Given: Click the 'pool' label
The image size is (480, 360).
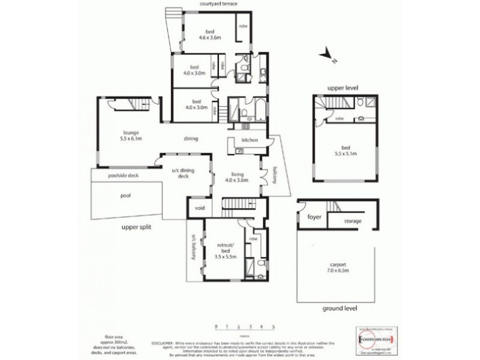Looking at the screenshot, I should (x=126, y=195).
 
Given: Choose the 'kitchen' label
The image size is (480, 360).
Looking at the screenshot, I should (x=249, y=140).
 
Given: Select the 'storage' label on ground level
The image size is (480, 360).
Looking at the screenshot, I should (x=353, y=221).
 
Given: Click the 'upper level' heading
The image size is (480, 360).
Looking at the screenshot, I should (x=342, y=88).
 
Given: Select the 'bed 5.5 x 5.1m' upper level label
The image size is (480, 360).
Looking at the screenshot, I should (x=346, y=150).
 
